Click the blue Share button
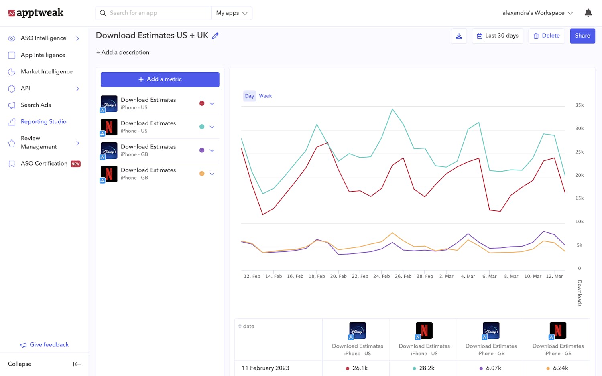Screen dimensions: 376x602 (582, 36)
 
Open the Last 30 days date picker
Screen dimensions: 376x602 (498, 36)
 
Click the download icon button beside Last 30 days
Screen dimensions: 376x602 (459, 36)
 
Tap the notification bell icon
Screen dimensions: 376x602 (588, 13)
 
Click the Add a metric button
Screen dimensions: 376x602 (160, 79)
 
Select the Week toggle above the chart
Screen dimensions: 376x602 (265, 96)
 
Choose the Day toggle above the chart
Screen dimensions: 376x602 (250, 96)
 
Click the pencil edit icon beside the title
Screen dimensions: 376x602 (216, 36)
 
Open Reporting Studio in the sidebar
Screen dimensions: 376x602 (43, 122)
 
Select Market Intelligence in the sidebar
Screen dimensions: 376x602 (47, 72)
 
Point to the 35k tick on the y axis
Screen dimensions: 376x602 (579, 105)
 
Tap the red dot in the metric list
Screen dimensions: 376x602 (202, 103)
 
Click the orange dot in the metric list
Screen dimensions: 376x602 (202, 174)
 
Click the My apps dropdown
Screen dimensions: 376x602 (232, 13)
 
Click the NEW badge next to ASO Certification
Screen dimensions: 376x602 (76, 164)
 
